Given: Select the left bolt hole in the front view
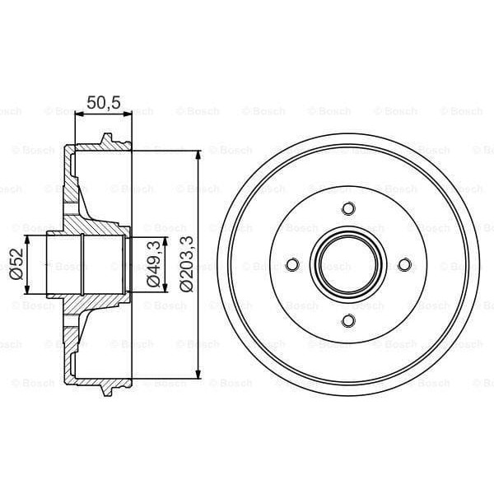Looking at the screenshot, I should tap(291, 264).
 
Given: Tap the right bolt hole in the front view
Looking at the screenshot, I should tap(404, 264).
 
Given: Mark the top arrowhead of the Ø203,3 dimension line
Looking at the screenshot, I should tap(198, 156).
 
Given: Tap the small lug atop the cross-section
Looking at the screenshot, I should tap(105, 138).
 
